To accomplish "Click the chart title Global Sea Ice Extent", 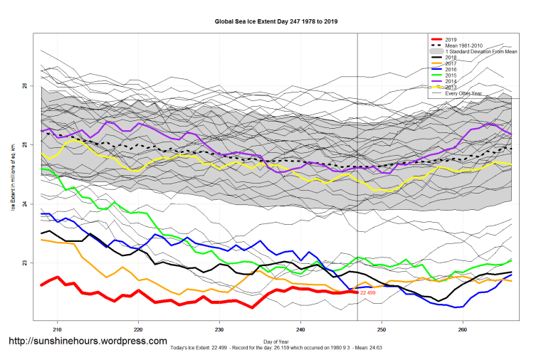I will tap(276, 21).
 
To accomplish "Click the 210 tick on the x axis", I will tap(58, 329).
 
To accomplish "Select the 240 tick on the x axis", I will tap(301, 329).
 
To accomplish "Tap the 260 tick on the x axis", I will tap(463, 329).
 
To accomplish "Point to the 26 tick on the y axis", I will tap(25, 85).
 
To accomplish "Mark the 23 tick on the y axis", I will tap(25, 263).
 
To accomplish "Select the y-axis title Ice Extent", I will tap(12, 178).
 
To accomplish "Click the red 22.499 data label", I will tap(367, 293).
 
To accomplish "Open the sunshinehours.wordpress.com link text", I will tap(88, 342).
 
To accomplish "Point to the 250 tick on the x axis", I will tap(382, 329).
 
